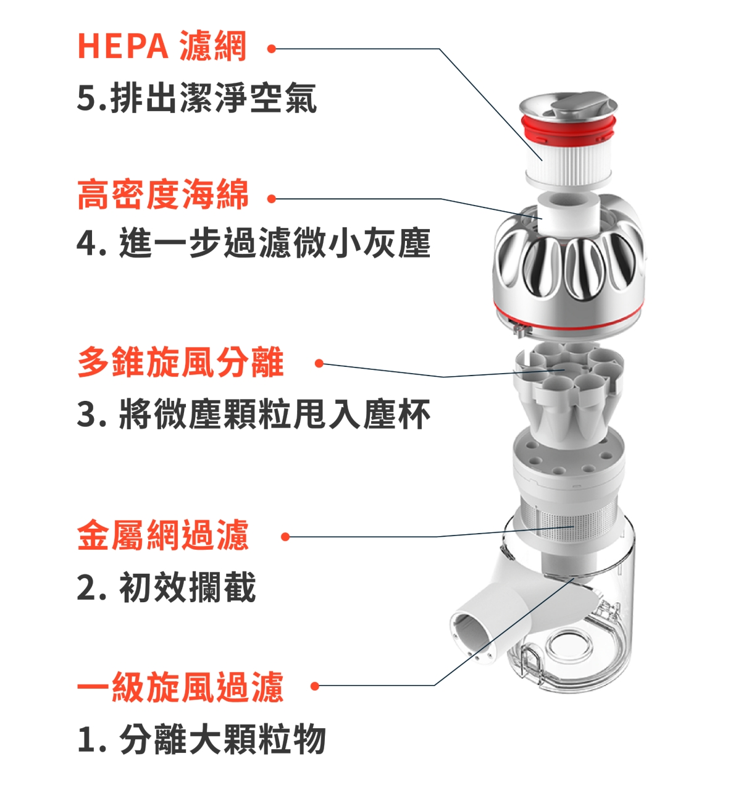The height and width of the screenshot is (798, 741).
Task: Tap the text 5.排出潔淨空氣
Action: click(x=197, y=98)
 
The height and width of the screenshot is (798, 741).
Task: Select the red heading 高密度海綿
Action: click(x=163, y=195)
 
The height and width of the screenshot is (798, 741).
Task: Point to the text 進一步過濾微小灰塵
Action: click(x=275, y=243)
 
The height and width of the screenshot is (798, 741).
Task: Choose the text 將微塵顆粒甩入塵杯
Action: click(x=275, y=414)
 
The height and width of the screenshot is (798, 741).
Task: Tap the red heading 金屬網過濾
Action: click(x=163, y=534)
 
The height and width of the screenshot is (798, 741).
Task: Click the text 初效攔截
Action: click(x=187, y=587)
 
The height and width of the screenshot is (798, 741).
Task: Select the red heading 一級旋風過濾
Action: click(x=180, y=686)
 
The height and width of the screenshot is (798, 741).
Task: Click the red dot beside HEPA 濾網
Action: click(x=272, y=49)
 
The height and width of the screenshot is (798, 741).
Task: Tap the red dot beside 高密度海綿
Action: click(x=272, y=199)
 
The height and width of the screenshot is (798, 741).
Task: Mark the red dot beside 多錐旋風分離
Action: click(x=319, y=364)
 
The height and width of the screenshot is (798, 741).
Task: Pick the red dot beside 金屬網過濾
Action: click(x=285, y=537)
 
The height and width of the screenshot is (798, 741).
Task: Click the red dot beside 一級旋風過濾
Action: click(x=315, y=686)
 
